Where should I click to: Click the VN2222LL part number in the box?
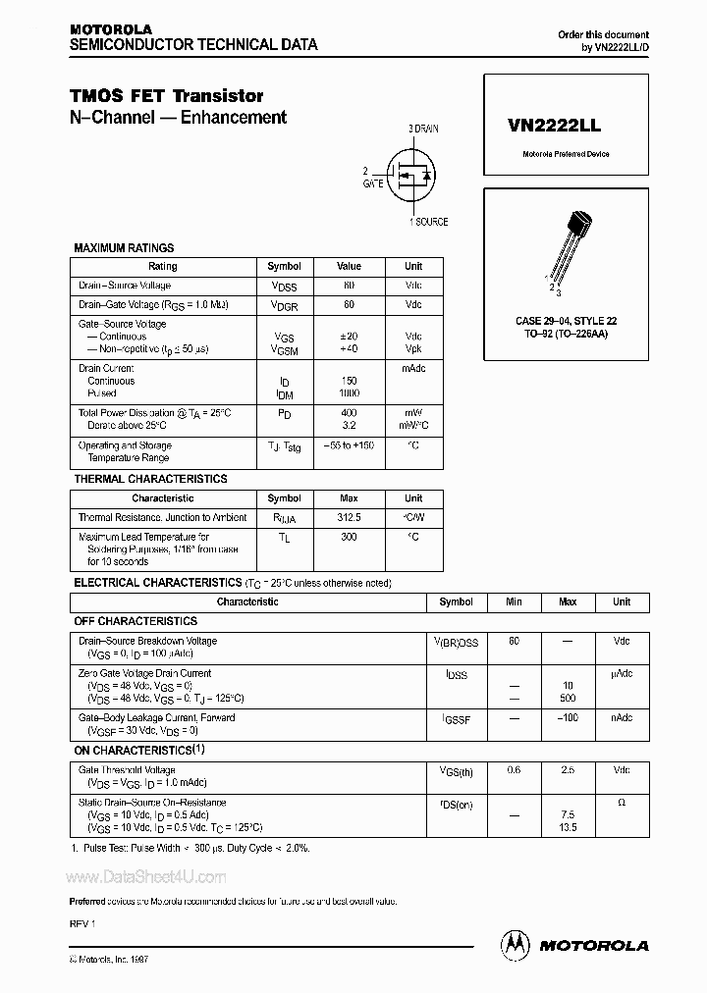coord(555,127)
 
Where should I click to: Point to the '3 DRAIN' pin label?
coord(425,129)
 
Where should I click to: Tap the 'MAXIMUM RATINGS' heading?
coord(124,248)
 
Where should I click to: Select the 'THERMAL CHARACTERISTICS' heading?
coord(150,479)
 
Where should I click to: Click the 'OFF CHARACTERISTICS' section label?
coord(136,621)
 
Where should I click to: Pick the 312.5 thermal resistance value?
coord(349,516)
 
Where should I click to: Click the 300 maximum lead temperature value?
coord(349,537)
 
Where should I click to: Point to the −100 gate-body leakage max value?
coord(567,718)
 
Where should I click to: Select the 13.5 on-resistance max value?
coord(567,827)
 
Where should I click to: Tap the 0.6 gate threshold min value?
coord(514,770)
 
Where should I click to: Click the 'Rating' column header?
coord(163,266)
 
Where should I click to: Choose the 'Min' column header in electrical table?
coord(514,601)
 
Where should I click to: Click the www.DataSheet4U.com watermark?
coord(145,877)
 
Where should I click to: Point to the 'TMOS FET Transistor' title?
coord(166,96)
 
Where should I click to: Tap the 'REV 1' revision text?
coord(82,925)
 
